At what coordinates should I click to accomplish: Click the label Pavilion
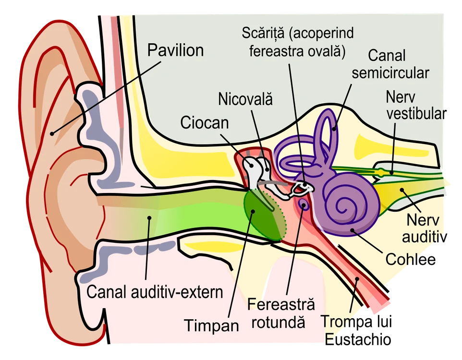pos(176,50)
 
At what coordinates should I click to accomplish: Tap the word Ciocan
pos(205,122)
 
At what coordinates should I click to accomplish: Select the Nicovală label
pos(245,99)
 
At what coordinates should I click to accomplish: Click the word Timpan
pos(212,326)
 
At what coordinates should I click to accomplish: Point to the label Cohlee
pos(411,260)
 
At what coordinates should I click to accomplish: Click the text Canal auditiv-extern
pos(155,292)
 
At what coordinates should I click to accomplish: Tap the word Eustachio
pos(358,339)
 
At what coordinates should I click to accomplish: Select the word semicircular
pos(390,73)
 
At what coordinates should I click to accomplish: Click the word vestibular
pos(416,114)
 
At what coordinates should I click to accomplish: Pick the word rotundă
pos(278,322)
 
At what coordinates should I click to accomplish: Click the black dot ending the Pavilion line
pos(52,134)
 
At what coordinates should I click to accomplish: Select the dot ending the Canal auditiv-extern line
pos(149,218)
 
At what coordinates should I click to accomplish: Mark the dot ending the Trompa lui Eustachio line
pos(357,278)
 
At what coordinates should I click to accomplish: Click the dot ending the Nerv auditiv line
pos(401,190)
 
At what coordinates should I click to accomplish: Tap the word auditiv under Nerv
pos(425,237)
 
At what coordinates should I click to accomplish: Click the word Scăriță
pos(263,33)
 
